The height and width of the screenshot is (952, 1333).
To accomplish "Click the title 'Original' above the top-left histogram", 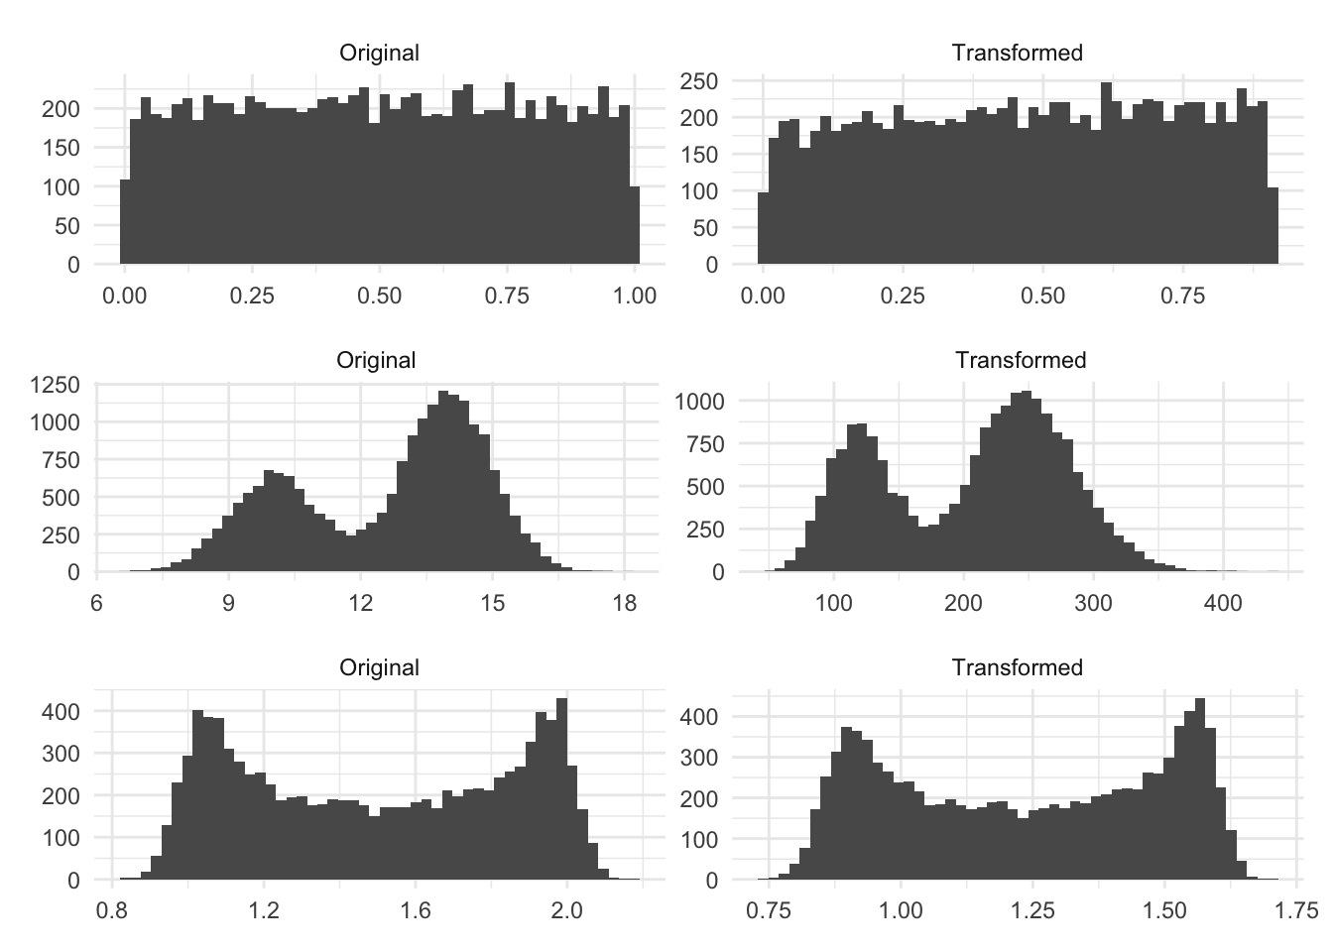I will (x=379, y=53).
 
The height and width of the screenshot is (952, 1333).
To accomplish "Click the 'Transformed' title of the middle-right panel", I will (x=1021, y=360).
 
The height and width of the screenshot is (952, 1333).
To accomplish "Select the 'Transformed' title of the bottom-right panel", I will (x=1017, y=667).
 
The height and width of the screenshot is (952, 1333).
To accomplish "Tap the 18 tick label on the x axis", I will (x=624, y=603).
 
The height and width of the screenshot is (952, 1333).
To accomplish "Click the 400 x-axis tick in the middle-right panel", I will (x=1223, y=603).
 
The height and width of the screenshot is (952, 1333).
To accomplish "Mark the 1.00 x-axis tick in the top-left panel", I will (x=635, y=296).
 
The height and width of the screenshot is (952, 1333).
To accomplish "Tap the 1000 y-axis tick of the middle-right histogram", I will (x=700, y=402).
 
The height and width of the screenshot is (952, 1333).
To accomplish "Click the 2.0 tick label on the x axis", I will (x=566, y=910).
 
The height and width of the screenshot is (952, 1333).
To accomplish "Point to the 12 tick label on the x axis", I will (x=361, y=603).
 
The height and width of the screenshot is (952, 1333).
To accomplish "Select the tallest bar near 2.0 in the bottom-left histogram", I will (x=561, y=789).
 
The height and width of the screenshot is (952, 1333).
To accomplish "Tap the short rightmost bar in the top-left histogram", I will (x=634, y=225).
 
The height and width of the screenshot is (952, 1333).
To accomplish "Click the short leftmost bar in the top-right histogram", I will (x=764, y=229).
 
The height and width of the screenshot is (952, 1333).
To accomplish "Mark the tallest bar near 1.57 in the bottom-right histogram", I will (x=1199, y=789).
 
